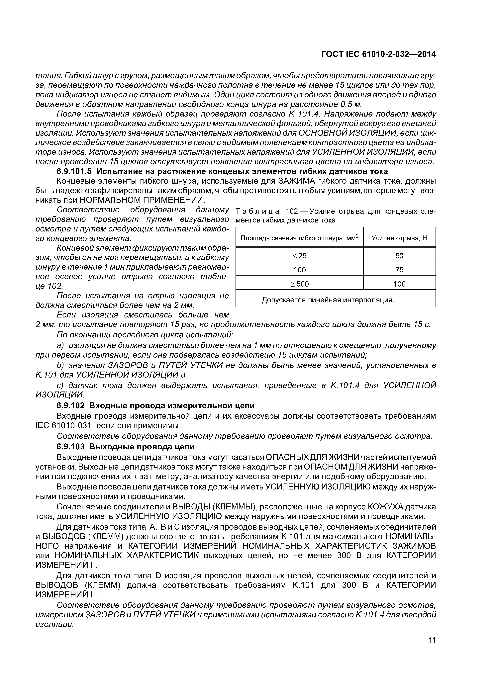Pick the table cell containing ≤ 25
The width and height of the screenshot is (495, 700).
(x=300, y=256)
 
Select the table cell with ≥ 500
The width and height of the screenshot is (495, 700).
(x=300, y=284)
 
